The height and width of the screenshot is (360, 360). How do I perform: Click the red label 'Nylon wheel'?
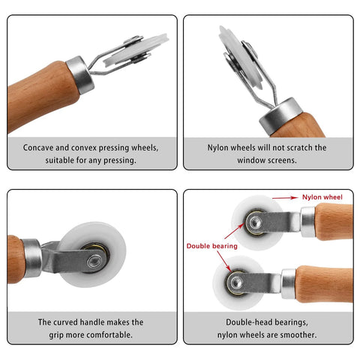pyautogui.click(x=322, y=197)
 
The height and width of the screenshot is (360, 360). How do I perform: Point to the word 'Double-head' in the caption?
pyautogui.click(x=234, y=322)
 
